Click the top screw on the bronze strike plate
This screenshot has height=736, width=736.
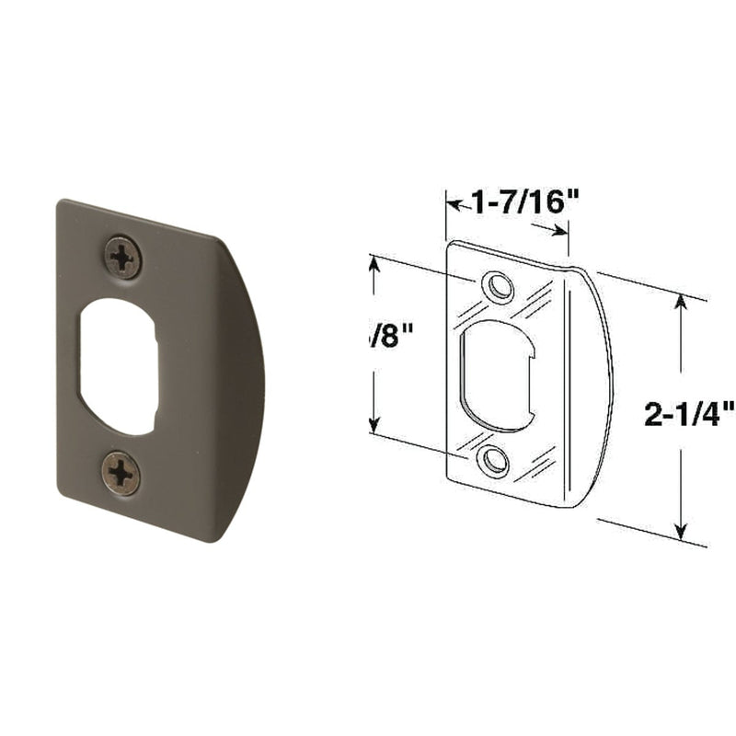[122, 256]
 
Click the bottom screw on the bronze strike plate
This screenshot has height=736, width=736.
[121, 473]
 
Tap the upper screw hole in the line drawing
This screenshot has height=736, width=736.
[500, 286]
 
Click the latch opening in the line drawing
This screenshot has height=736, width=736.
[497, 373]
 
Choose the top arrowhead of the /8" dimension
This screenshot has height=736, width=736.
[374, 263]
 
